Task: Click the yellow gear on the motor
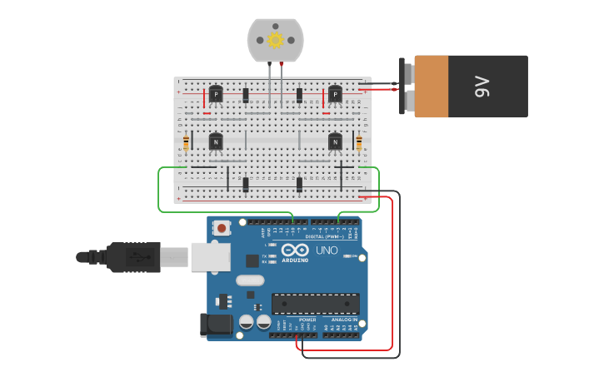tap(275, 39)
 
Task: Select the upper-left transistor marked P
tap(216, 94)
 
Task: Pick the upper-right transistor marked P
tap(335, 94)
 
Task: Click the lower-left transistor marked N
tap(216, 142)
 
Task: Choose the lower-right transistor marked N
tap(335, 142)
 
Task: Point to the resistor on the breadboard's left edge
tap(186, 143)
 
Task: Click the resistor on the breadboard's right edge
tap(359, 143)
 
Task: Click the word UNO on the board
tap(327, 251)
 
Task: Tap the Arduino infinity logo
tap(295, 250)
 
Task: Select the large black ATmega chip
tap(315, 303)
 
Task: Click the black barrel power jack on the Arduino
tap(216, 325)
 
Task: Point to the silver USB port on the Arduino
tap(210, 256)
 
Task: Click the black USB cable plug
tap(133, 257)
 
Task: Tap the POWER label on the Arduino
tap(307, 320)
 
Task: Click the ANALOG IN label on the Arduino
tap(345, 320)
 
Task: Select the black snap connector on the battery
tap(406, 86)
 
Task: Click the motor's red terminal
tap(282, 63)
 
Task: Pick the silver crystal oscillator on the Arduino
tap(250, 280)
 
